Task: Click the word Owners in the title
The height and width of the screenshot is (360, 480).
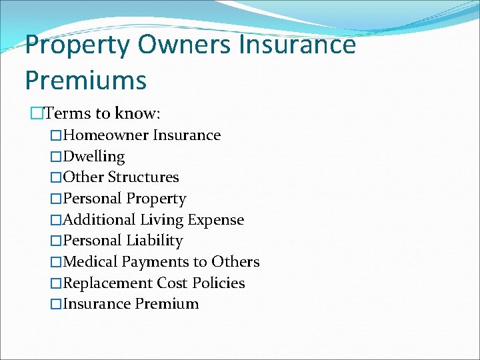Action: click(183, 45)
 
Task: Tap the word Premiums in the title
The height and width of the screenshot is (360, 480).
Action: click(85, 80)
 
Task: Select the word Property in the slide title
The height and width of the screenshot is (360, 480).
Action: click(77, 46)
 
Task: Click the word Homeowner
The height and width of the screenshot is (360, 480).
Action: click(106, 135)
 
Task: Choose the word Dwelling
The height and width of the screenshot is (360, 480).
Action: click(94, 157)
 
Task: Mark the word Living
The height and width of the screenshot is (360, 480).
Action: click(162, 220)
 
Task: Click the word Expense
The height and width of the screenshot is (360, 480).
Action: click(216, 220)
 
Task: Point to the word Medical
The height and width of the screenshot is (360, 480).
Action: click(89, 262)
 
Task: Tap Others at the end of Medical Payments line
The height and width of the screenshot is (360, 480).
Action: click(235, 262)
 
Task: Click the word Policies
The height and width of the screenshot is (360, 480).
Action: click(219, 283)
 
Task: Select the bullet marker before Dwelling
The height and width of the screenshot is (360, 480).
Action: click(57, 157)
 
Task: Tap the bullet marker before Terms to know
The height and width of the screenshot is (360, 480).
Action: click(37, 113)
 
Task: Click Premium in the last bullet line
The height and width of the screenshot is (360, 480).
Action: click(167, 304)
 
